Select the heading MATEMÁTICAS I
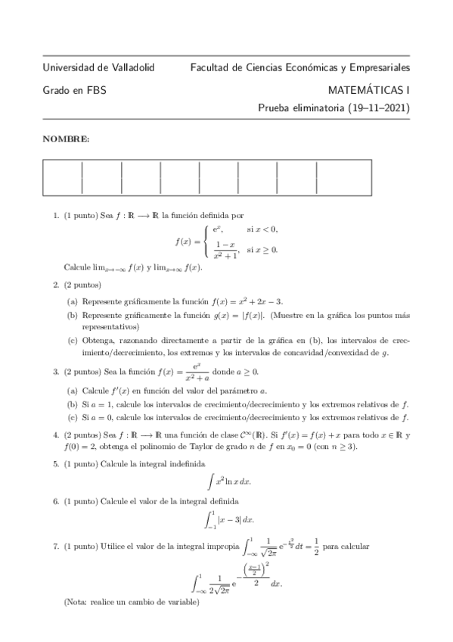pos(369,89)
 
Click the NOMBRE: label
pos(65,139)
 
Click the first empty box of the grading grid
pos(62,177)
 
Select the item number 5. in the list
pos(56,463)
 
